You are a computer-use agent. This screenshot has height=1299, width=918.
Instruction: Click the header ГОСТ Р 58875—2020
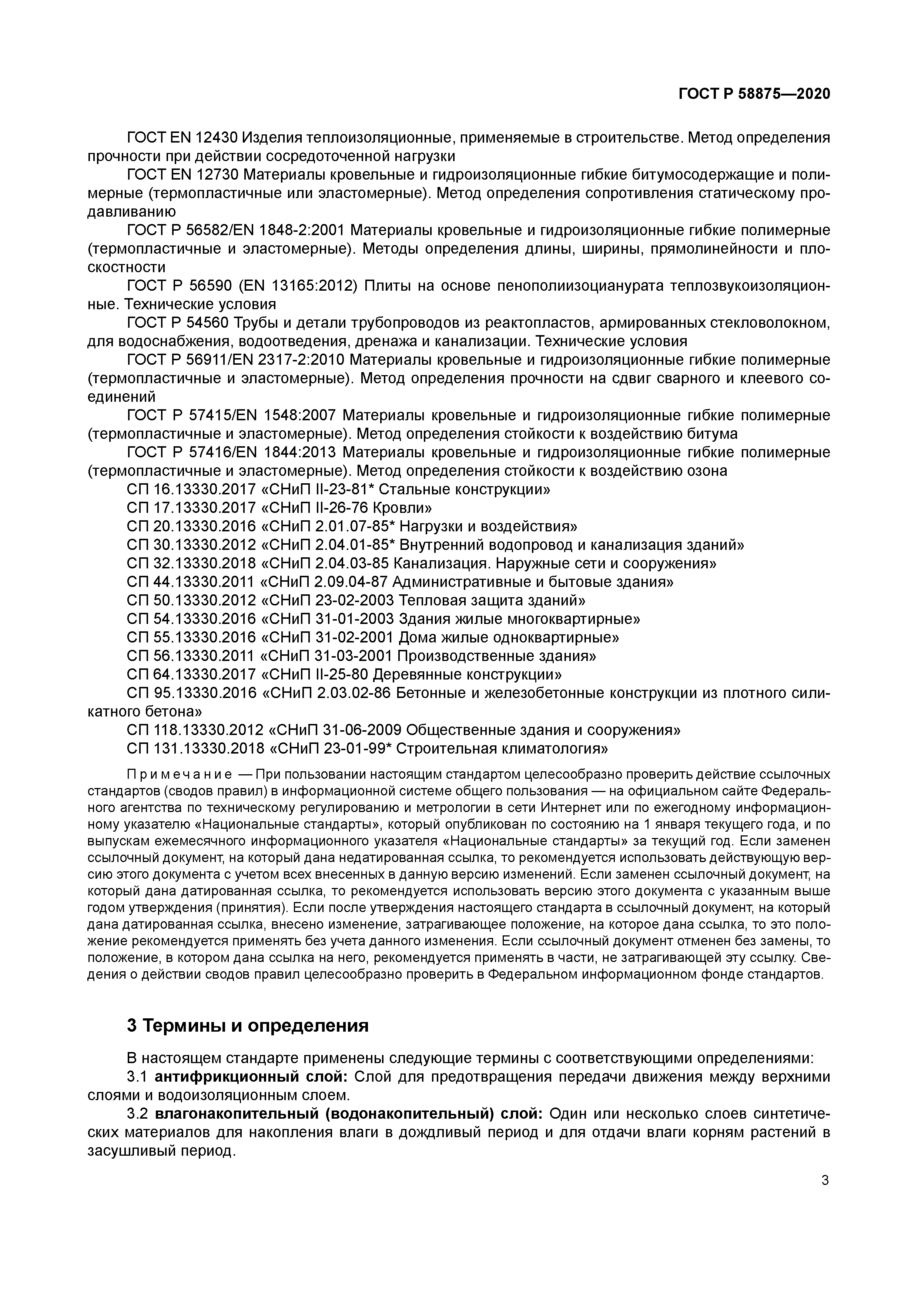(x=754, y=94)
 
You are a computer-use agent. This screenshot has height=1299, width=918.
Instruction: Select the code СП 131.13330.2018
(x=195, y=749)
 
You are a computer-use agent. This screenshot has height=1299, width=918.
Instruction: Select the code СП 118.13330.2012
(x=195, y=730)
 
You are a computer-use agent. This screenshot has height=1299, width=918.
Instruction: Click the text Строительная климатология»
(x=502, y=749)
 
